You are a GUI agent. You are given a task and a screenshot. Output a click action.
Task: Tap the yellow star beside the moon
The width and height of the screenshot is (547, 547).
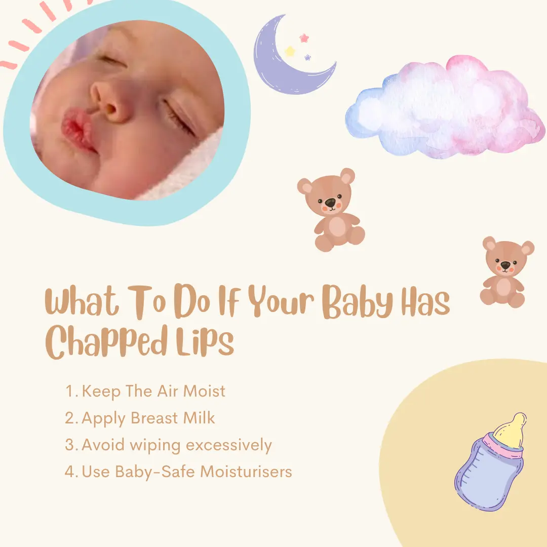click(290, 51)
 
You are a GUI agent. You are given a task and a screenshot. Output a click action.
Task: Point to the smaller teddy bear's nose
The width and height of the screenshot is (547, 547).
click(505, 265)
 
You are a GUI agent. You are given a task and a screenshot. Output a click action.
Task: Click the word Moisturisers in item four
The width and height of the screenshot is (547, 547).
click(246, 472)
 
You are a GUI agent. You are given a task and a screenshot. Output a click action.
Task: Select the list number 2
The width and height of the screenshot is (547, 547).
click(70, 419)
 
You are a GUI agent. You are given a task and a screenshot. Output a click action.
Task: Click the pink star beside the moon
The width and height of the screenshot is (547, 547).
click(304, 38)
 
